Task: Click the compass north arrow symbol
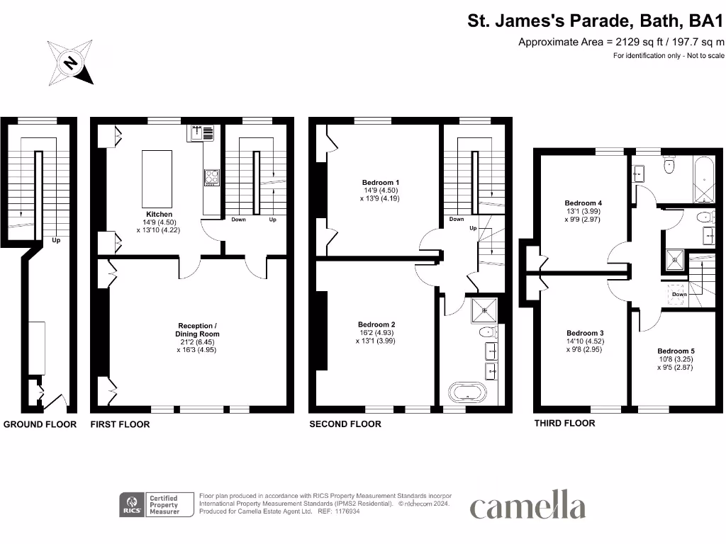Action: pos(69,62)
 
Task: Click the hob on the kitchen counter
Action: pos(212,177)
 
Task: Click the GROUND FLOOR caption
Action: pos(40,424)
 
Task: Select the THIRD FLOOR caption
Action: pos(564,423)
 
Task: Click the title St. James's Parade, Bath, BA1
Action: pos(596,21)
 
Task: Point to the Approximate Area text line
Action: pos(621,42)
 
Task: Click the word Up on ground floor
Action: pos(55,240)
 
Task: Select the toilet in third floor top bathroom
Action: pos(669,166)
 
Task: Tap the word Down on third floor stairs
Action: pos(678,294)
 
